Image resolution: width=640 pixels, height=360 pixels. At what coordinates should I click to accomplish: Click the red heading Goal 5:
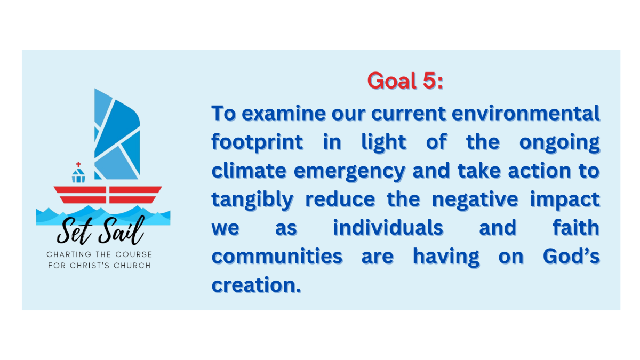point(405,81)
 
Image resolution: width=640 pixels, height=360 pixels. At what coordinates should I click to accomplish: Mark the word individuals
point(388,228)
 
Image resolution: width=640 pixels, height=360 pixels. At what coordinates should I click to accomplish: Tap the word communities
point(277,257)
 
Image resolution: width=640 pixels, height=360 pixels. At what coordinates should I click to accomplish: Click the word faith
point(578,228)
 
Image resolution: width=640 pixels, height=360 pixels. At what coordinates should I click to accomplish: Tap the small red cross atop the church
point(78,165)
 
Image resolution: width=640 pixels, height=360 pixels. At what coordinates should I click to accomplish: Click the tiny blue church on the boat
point(78,175)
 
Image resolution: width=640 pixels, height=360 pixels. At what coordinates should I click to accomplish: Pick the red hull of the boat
point(107,195)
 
